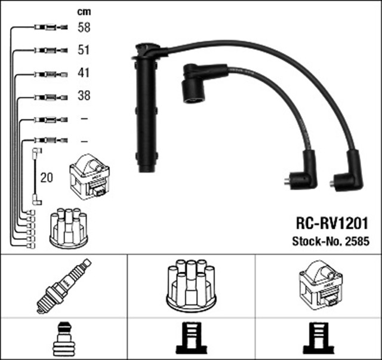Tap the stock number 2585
tap(359, 242)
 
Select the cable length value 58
tap(84, 27)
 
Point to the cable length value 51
tap(84, 50)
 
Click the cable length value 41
tap(84, 74)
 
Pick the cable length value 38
tap(84, 96)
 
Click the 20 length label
tap(47, 177)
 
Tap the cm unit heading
tap(84, 11)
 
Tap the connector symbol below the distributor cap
tap(190, 339)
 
